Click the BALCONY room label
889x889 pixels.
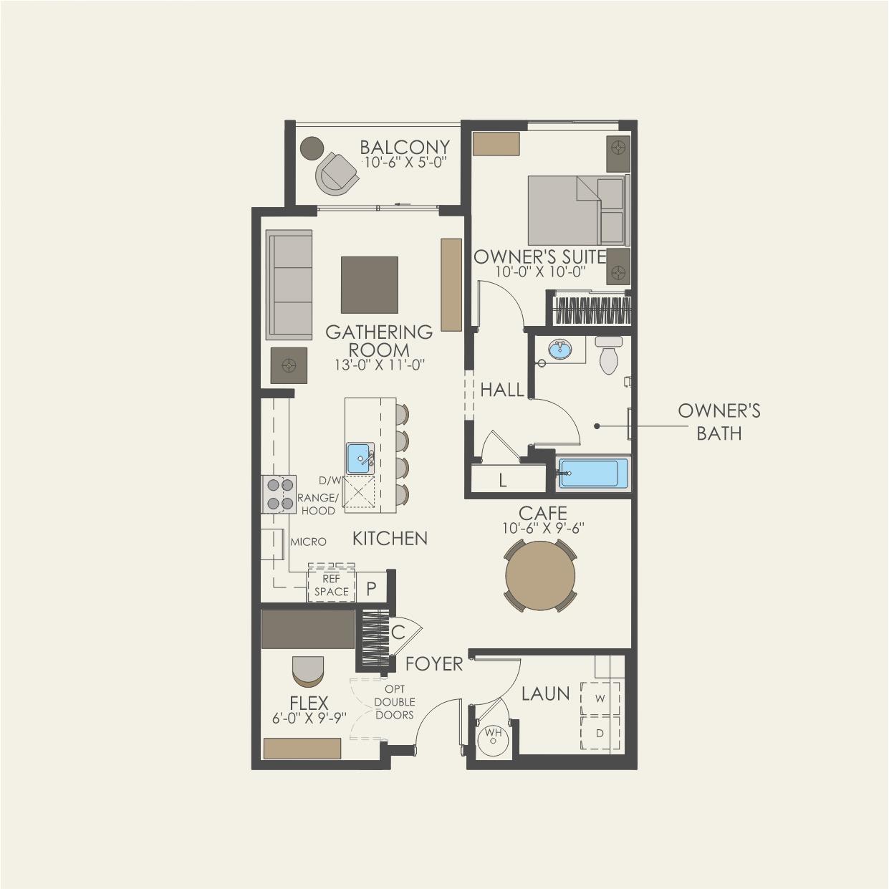[405, 147]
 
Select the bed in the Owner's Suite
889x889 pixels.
[579, 210]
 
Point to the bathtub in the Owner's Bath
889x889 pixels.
[593, 474]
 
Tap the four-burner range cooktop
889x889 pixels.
[279, 494]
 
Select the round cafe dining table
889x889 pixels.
[540, 575]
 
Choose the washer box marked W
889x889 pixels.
[600, 698]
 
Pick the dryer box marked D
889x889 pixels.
[600, 733]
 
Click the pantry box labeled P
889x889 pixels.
[371, 587]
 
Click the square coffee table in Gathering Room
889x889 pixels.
[370, 284]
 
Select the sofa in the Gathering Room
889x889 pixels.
[289, 284]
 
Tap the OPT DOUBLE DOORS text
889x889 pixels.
[395, 702]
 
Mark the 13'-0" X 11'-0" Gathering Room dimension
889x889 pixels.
[379, 365]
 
